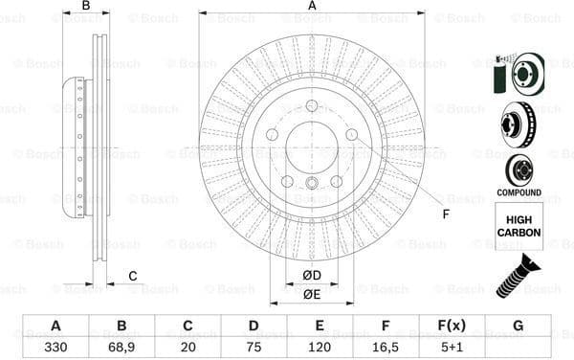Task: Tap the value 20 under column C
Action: pyautogui.click(x=187, y=346)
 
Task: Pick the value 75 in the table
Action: pyautogui.click(x=253, y=346)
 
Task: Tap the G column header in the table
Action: pyautogui.click(x=518, y=326)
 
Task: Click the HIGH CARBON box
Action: pyautogui.click(x=519, y=227)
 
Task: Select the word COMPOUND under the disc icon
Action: pyautogui.click(x=519, y=192)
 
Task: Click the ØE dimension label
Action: pyautogui.click(x=312, y=295)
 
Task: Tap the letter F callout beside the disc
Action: pyautogui.click(x=446, y=213)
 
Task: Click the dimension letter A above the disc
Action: pyautogui.click(x=312, y=7)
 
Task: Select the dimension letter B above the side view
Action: pyautogui.click(x=86, y=7)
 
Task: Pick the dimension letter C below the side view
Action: pyautogui.click(x=132, y=277)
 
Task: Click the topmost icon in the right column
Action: pyautogui.click(x=518, y=74)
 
